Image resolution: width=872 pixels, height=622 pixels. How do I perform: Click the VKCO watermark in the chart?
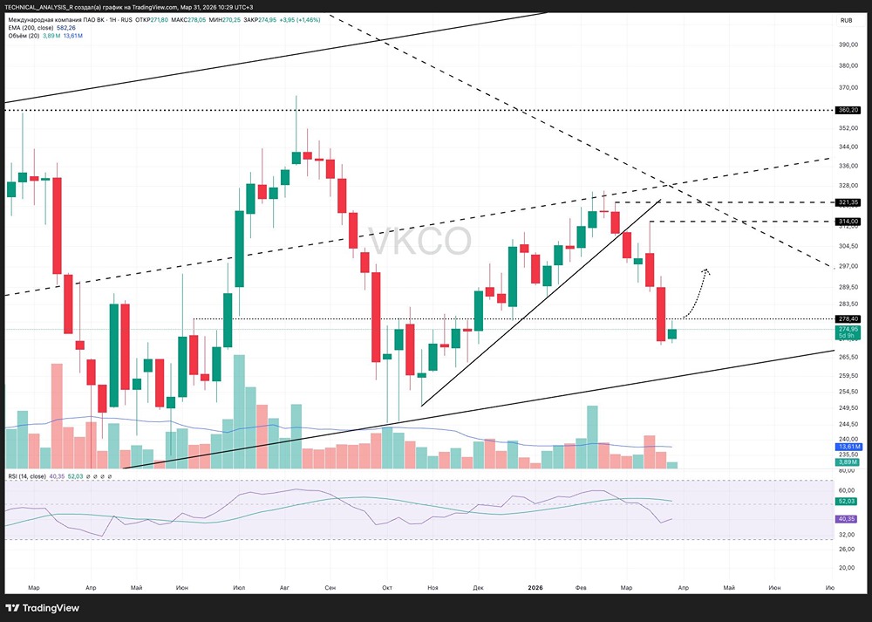[419, 242]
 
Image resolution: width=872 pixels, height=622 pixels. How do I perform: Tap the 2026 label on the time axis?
[536, 588]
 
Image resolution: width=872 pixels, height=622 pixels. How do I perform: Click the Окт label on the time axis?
[387, 588]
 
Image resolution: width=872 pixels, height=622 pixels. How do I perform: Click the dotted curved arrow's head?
[705, 271]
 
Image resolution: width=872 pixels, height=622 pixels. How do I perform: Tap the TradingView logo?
[44, 607]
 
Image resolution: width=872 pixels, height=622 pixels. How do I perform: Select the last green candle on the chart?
[672, 333]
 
